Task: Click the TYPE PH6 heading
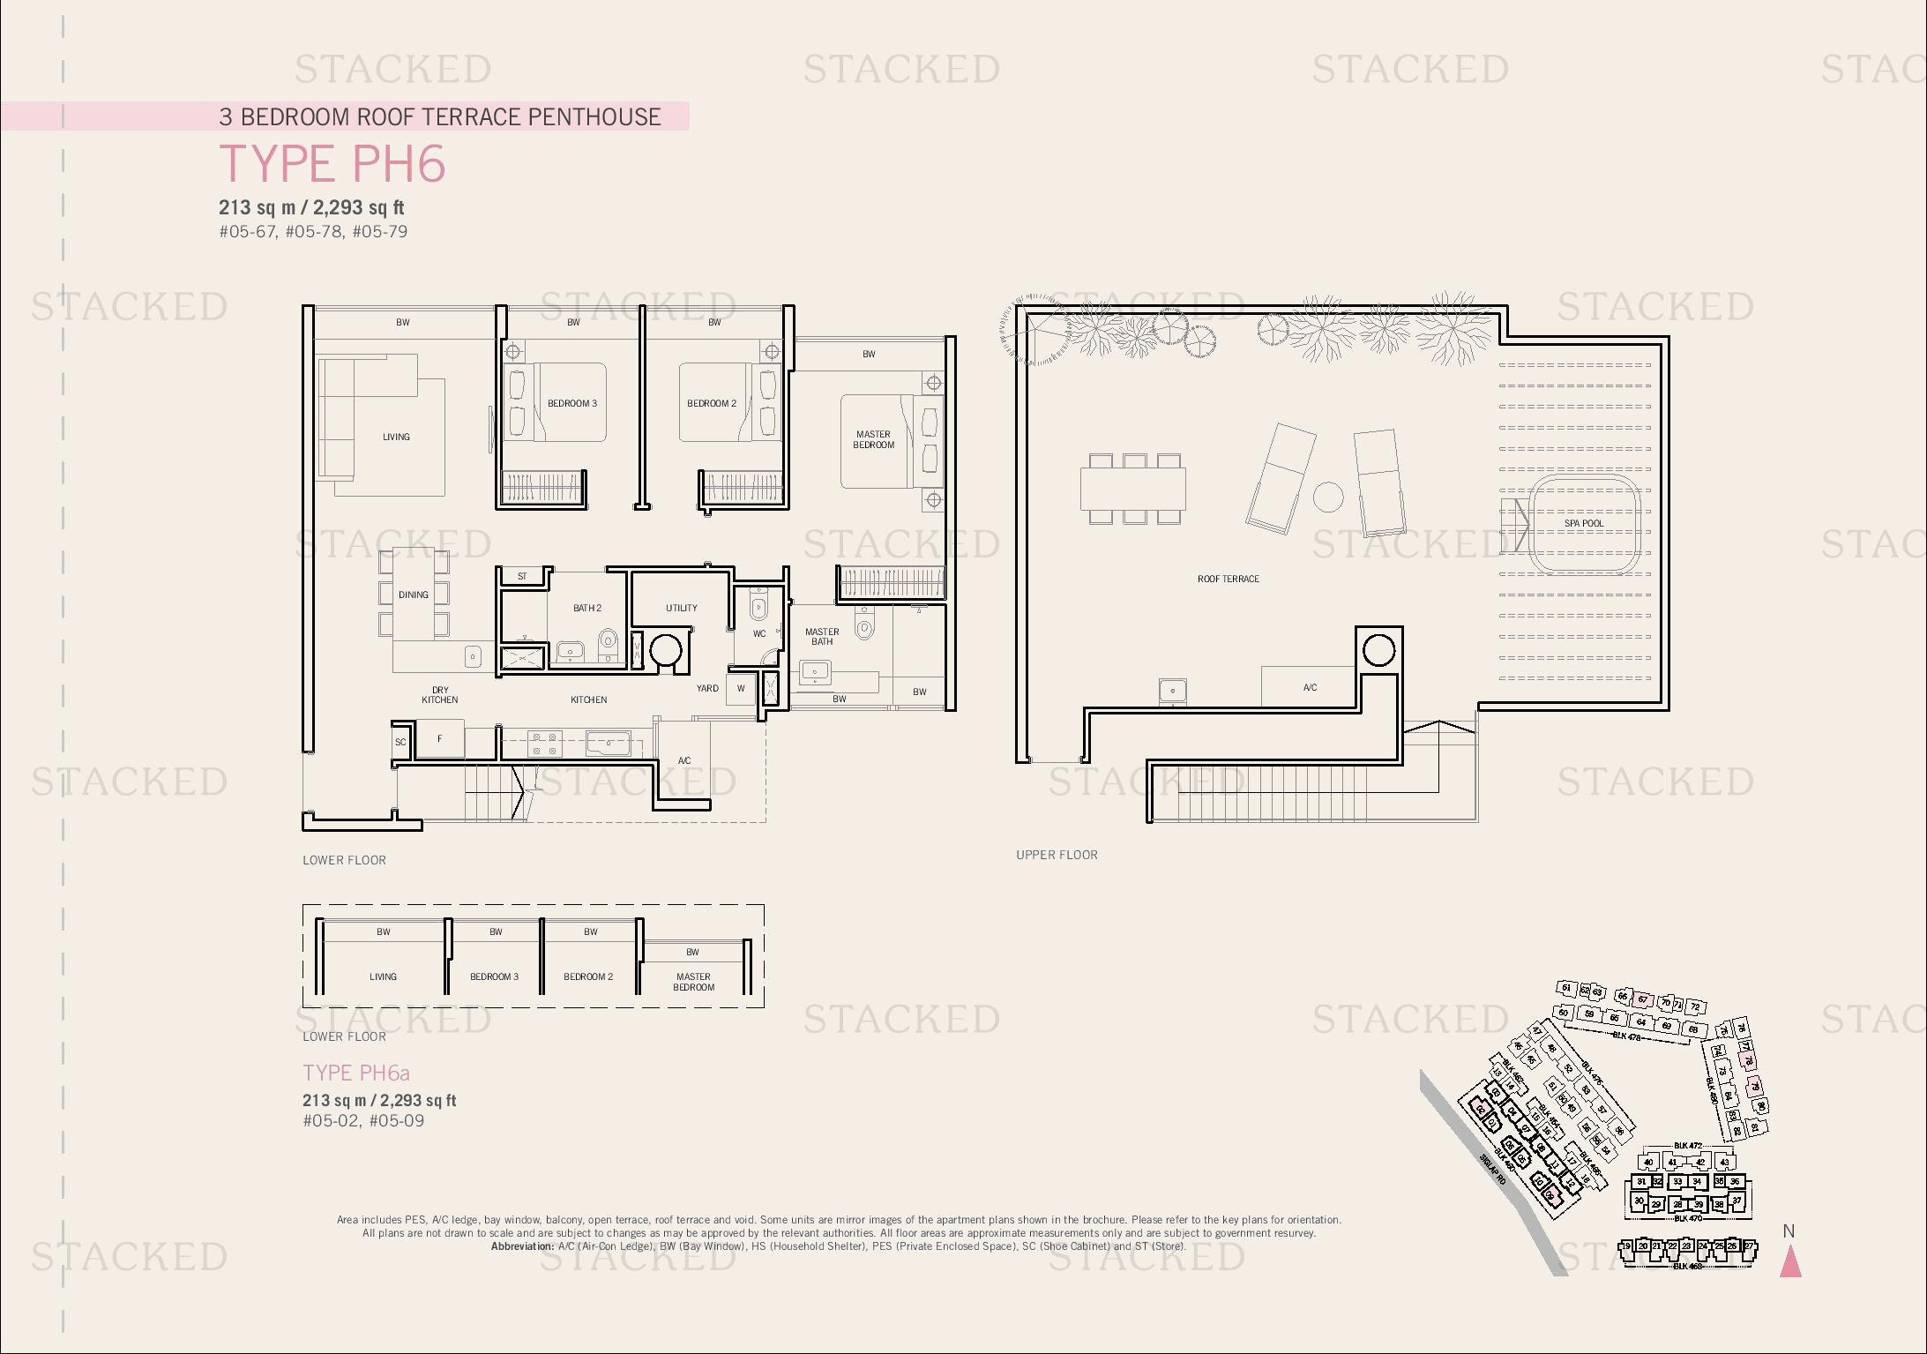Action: tap(332, 164)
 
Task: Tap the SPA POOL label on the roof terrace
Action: tap(1583, 523)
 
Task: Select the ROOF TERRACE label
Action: tap(1228, 579)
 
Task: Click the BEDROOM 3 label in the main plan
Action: tap(571, 403)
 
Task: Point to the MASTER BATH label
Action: tap(821, 636)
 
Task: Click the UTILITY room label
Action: tap(681, 608)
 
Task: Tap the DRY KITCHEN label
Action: tap(439, 695)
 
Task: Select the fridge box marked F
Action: tap(439, 739)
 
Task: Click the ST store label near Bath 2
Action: tap(522, 576)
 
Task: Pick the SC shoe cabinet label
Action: tap(400, 742)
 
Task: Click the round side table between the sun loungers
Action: tap(1327, 497)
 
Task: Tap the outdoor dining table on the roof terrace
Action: tap(1132, 489)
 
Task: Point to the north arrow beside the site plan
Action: tap(1789, 1261)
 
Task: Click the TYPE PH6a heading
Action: tap(356, 1073)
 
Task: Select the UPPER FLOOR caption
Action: tap(1057, 855)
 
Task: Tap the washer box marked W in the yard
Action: tap(741, 689)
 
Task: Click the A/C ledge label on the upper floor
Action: tap(1310, 687)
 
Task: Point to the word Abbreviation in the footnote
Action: tap(522, 1246)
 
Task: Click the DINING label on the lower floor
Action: tap(413, 595)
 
